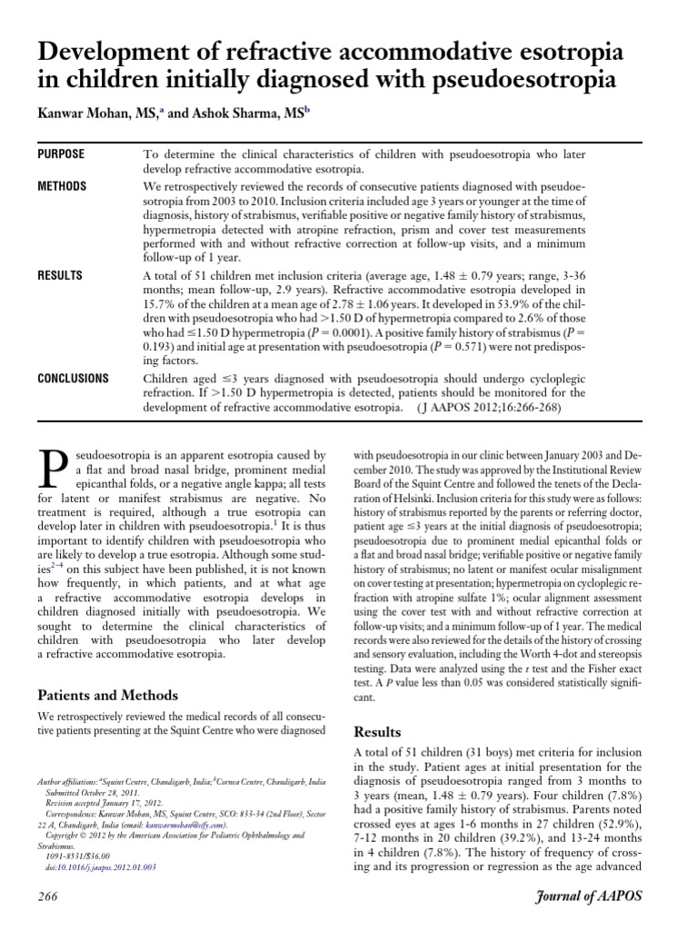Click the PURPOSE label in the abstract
tap(61, 155)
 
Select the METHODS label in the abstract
tap(62, 186)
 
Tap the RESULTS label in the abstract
tap(59, 276)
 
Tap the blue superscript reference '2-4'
tap(67, 562)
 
